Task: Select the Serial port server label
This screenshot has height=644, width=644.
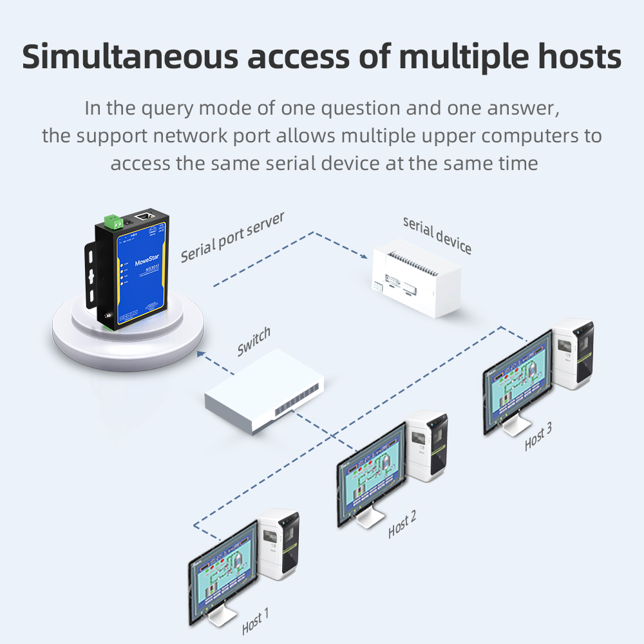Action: [232, 236]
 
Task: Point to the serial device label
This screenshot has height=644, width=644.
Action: [437, 235]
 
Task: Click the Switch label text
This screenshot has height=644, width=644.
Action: [254, 341]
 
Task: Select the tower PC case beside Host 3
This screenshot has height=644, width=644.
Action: [573, 354]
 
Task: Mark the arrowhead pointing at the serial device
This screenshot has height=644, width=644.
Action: [367, 256]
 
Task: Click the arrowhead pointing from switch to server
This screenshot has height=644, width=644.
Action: [201, 353]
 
